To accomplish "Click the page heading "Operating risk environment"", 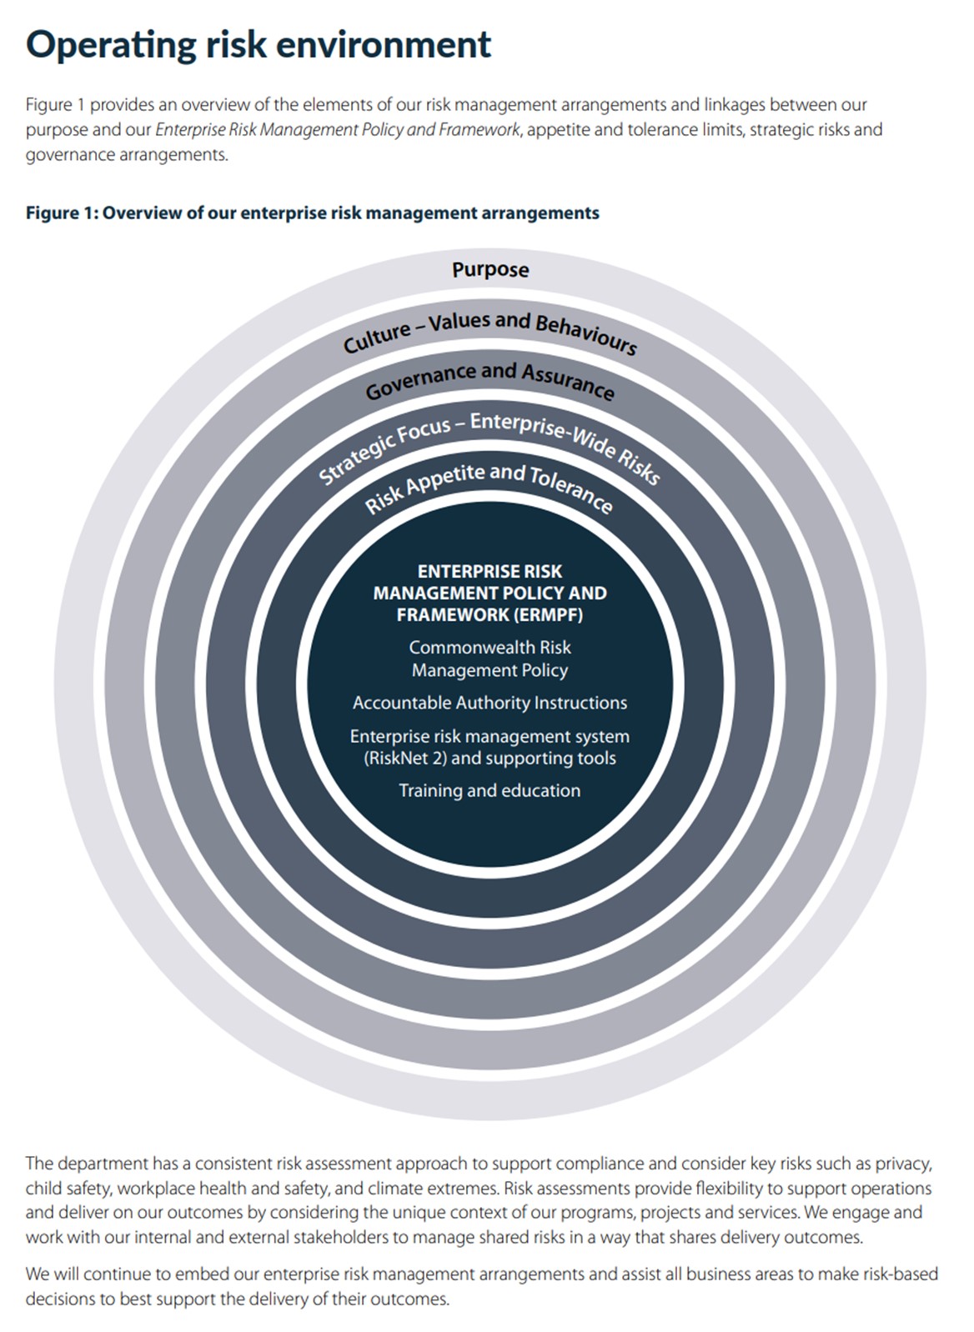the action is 259,45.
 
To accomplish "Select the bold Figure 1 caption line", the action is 313,213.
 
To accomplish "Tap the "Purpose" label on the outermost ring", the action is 490,270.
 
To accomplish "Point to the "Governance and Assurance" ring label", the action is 490,381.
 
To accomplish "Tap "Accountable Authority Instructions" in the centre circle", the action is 490,703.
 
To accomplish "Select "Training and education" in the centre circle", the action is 490,790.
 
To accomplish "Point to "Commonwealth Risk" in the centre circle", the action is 490,647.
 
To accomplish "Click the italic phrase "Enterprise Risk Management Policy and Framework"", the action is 338,130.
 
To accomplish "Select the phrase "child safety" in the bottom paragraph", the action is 68,1188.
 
